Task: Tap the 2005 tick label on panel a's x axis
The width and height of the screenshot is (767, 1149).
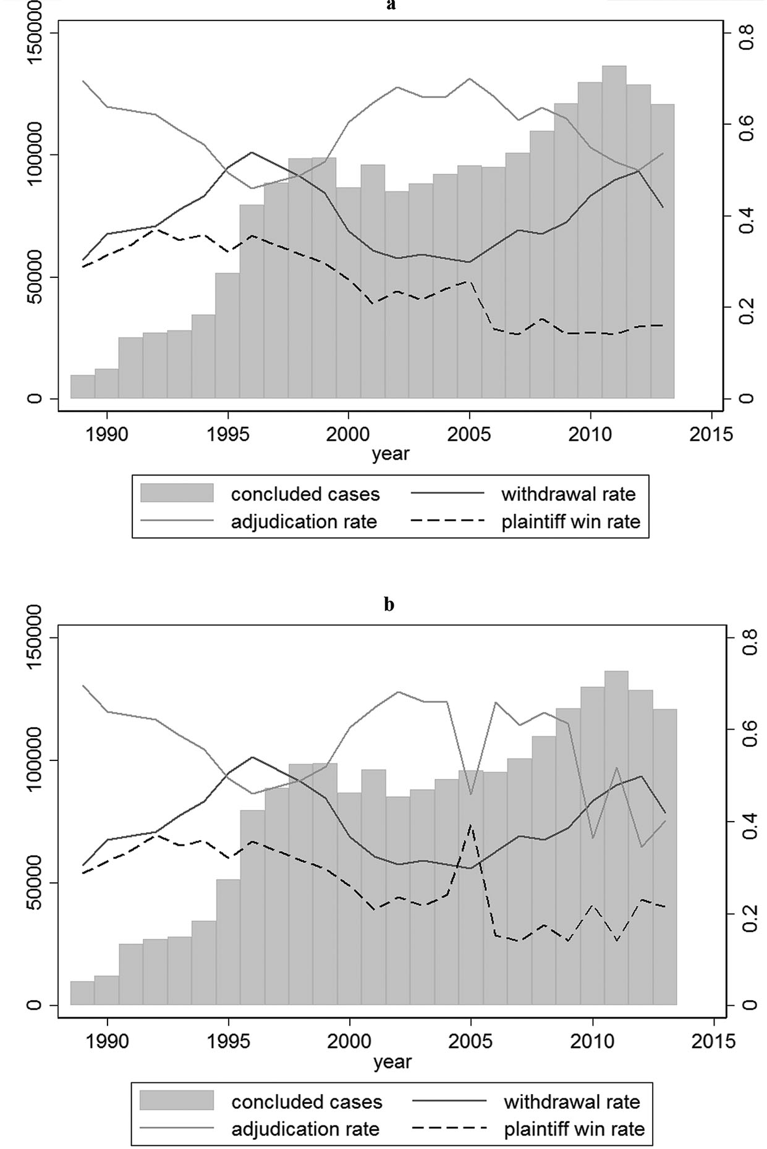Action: (470, 435)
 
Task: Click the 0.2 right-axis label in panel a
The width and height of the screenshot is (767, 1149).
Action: (748, 307)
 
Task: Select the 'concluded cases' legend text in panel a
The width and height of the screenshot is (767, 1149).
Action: (305, 494)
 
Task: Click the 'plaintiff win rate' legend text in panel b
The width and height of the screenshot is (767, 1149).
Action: (574, 1129)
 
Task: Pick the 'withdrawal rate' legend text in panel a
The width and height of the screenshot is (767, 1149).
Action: (568, 494)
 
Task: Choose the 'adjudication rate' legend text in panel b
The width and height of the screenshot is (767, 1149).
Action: (305, 1129)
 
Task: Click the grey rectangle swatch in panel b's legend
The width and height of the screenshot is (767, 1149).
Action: (177, 1101)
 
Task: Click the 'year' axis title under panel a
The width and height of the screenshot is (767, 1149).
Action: (391, 454)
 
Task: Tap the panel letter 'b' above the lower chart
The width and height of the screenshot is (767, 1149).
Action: (389, 604)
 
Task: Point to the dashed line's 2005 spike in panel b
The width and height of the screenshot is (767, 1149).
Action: (471, 825)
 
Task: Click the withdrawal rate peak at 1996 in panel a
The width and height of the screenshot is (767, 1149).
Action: (252, 152)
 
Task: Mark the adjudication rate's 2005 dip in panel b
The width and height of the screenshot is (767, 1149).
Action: (471, 794)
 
